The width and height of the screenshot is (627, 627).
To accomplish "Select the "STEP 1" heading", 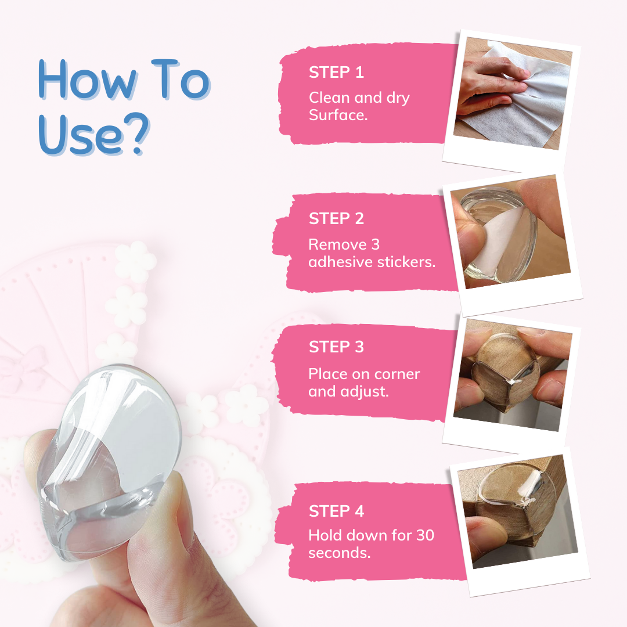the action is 336,73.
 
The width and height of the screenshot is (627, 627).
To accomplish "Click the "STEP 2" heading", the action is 336,218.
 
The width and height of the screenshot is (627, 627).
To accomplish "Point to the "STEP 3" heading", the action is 336,347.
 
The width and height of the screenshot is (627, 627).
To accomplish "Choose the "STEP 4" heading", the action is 336,511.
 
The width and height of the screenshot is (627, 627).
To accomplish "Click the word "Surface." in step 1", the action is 338,115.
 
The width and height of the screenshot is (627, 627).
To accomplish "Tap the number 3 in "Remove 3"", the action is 375,244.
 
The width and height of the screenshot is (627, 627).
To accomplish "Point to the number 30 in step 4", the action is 425,535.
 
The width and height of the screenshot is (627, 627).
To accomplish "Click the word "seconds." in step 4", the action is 340,553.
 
